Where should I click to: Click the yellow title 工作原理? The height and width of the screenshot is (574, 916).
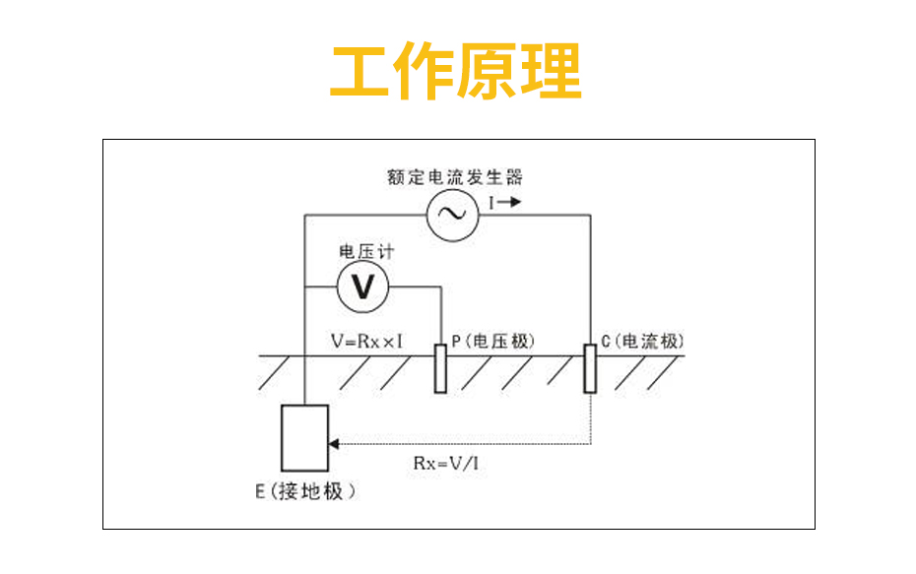pyautogui.click(x=456, y=72)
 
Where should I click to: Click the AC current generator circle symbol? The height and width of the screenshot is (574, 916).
pyautogui.click(x=452, y=214)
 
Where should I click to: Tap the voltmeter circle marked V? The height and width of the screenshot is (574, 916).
pyautogui.click(x=363, y=287)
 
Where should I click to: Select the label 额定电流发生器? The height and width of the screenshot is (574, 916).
pyautogui.click(x=454, y=178)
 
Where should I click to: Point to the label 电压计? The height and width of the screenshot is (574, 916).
pyautogui.click(x=365, y=253)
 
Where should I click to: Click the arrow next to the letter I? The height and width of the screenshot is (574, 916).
pyautogui.click(x=510, y=202)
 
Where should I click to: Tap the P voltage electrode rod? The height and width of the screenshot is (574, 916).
pyautogui.click(x=440, y=369)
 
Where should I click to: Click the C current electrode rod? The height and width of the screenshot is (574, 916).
pyautogui.click(x=590, y=368)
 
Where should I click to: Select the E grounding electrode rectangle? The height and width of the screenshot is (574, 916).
pyautogui.click(x=305, y=438)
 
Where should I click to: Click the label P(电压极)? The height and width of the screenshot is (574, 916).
pyautogui.click(x=492, y=342)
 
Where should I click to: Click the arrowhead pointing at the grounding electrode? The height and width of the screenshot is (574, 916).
pyautogui.click(x=336, y=443)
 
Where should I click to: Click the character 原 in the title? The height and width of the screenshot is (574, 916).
pyautogui.click(x=489, y=72)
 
